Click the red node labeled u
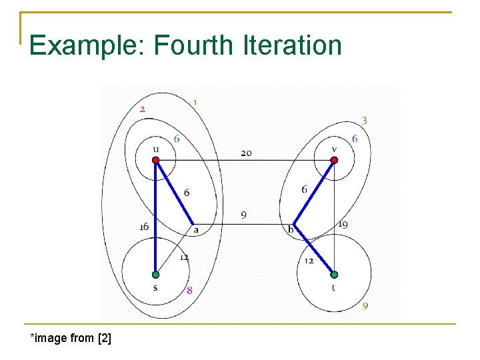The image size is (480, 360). pyautogui.click(x=155, y=160)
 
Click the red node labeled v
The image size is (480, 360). pyautogui.click(x=334, y=160)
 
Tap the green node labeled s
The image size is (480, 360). pyautogui.click(x=155, y=274)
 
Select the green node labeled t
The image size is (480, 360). pyautogui.click(x=334, y=274)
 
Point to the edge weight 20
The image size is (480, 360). pyautogui.click(x=246, y=153)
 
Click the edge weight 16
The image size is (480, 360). pyautogui.click(x=144, y=227)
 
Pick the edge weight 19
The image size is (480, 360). pyautogui.click(x=343, y=225)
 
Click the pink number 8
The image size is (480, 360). pyautogui.click(x=190, y=290)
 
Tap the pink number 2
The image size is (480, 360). pyautogui.click(x=143, y=108)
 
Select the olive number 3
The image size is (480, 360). pyautogui.click(x=365, y=120)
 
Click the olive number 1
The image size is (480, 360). pyautogui.click(x=195, y=102)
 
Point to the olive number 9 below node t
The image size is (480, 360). pyautogui.click(x=365, y=306)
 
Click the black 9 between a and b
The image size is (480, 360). pyautogui.click(x=244, y=215)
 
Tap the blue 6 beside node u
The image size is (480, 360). pyautogui.click(x=177, y=139)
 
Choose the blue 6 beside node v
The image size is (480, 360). pyautogui.click(x=355, y=139)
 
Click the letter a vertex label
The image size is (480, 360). pyautogui.click(x=196, y=230)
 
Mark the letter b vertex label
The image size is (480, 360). pyautogui.click(x=291, y=231)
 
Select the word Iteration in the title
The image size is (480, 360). pyautogui.click(x=292, y=45)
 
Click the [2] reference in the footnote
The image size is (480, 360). pyautogui.click(x=104, y=338)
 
